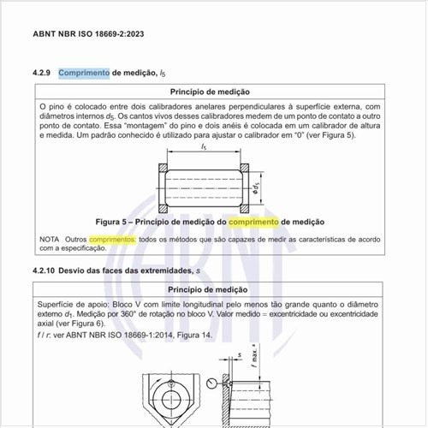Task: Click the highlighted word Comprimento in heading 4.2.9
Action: [x=84, y=73]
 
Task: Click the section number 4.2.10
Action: [x=49, y=271]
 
